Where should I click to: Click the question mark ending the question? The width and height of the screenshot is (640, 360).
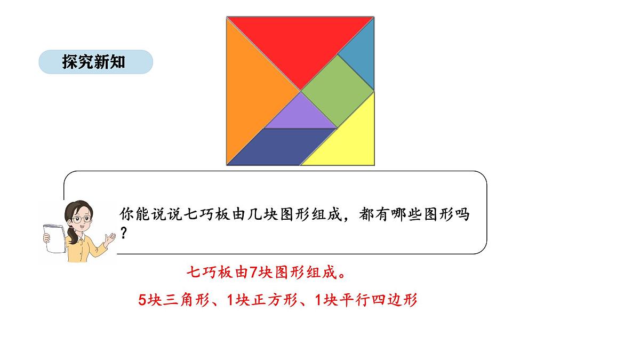click(124, 234)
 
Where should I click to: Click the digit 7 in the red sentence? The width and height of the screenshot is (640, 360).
click(254, 273)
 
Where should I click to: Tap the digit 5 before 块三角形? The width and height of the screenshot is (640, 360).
click(142, 300)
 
